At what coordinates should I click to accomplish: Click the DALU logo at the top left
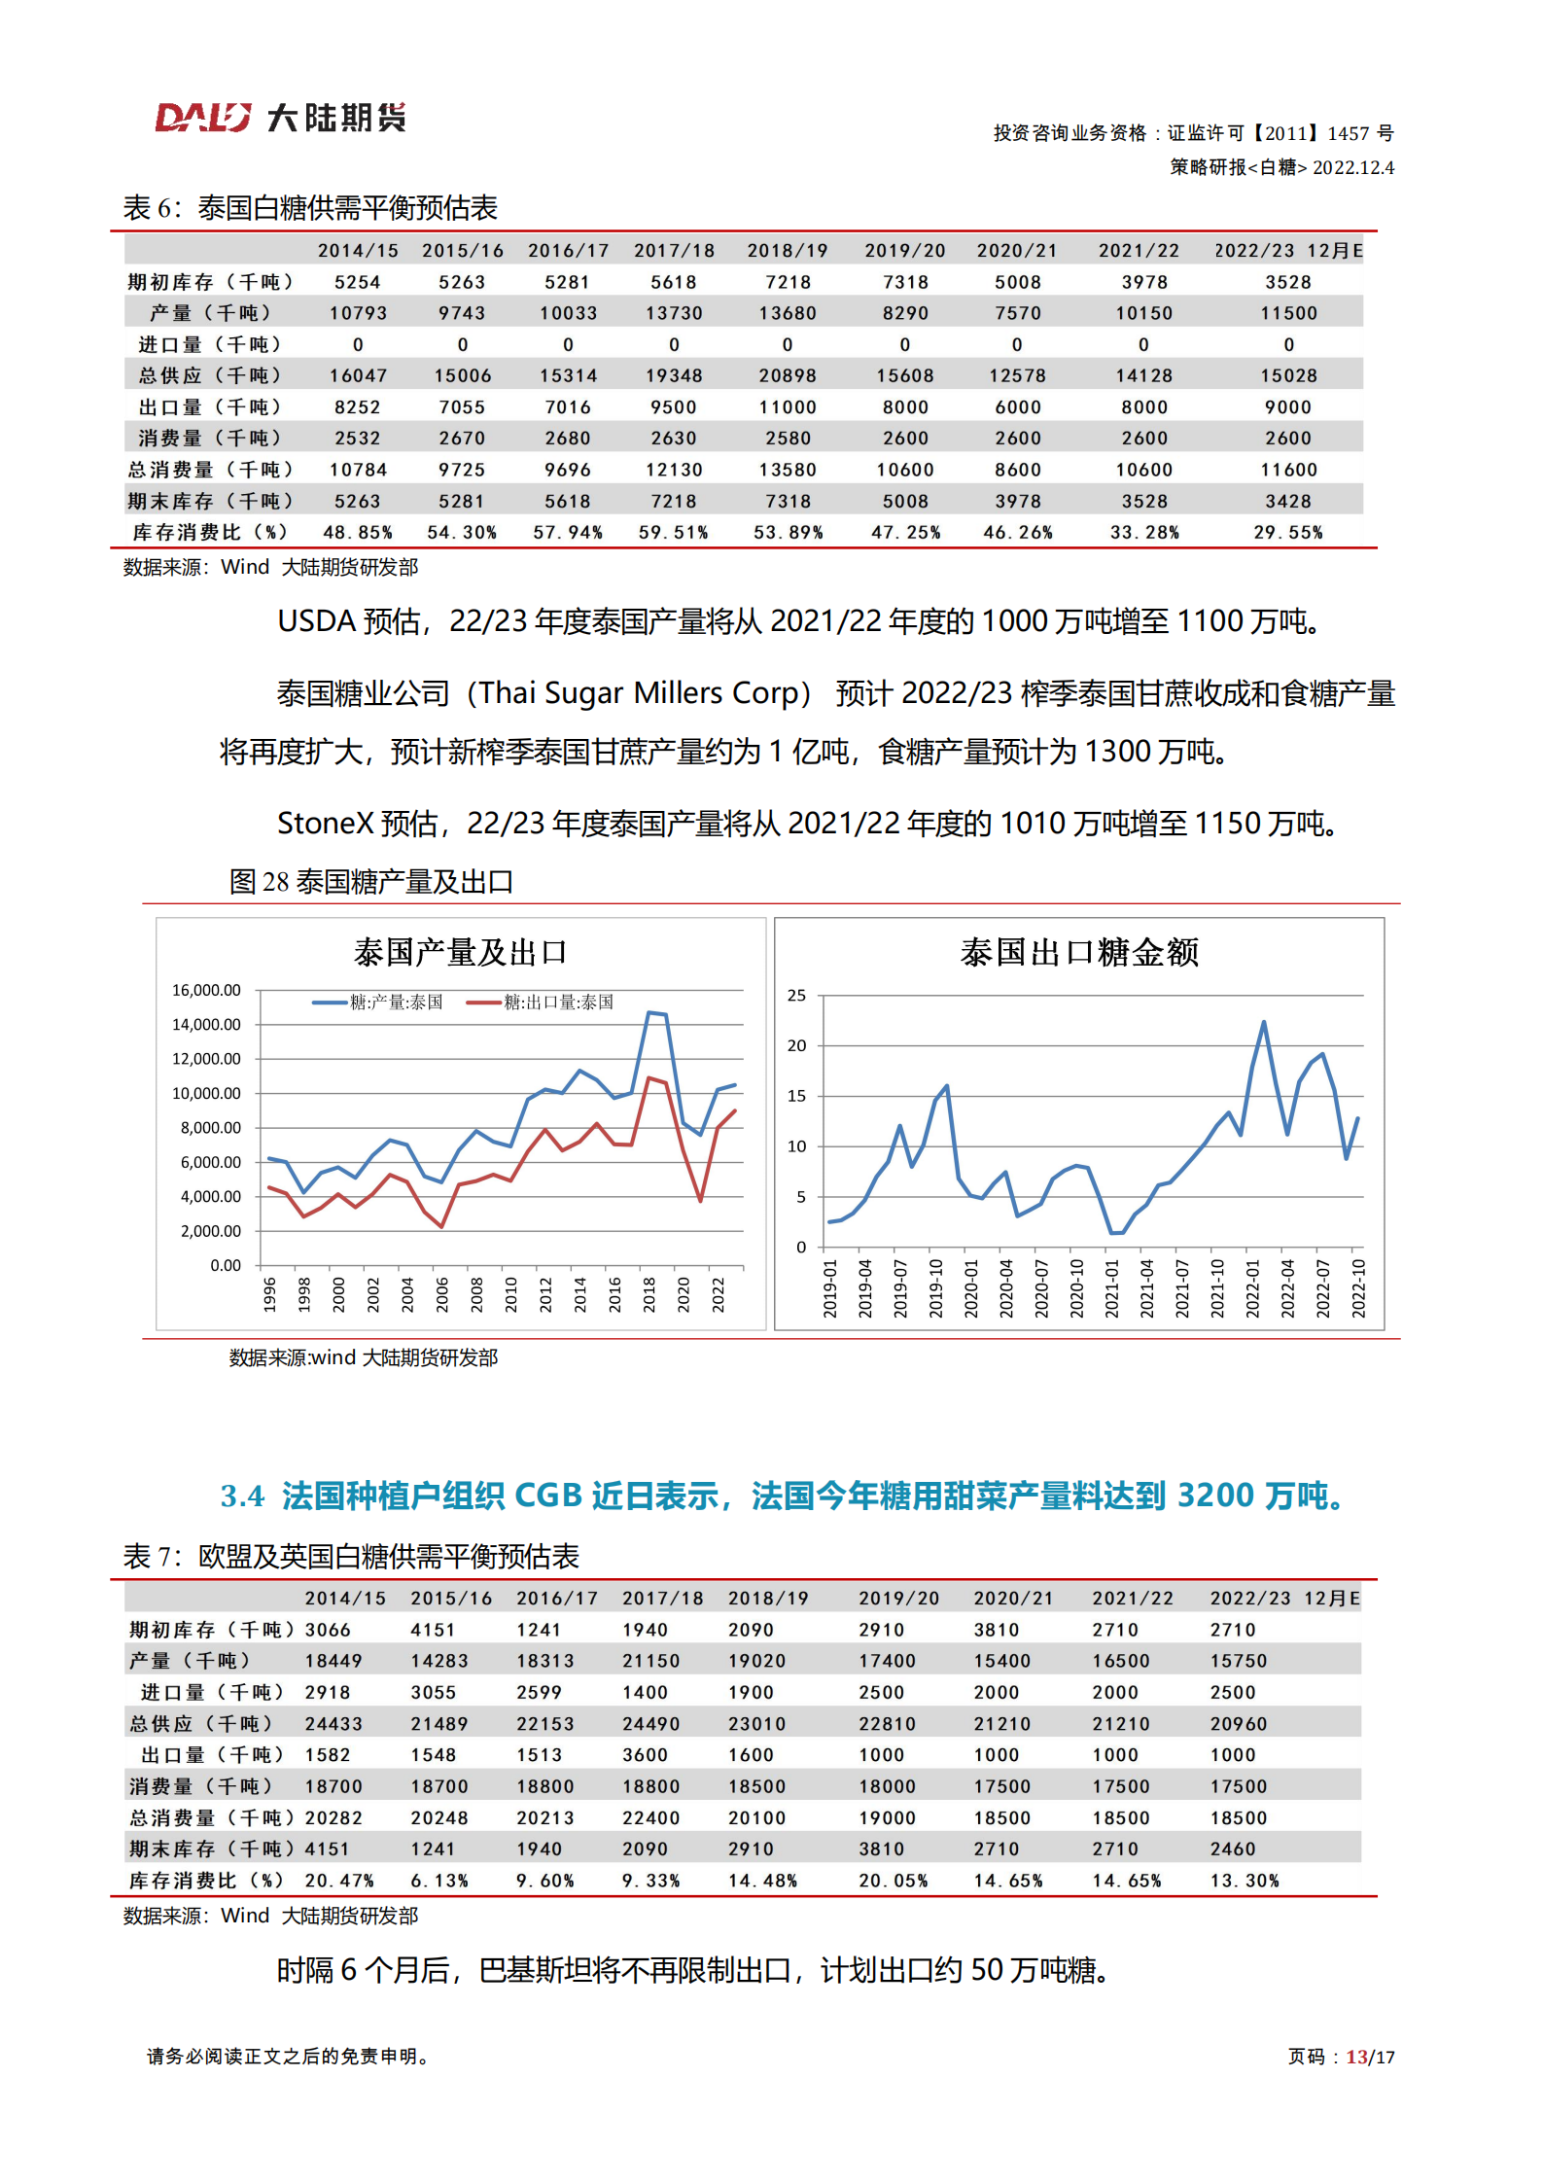pos(203,118)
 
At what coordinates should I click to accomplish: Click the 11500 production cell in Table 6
pos(1288,313)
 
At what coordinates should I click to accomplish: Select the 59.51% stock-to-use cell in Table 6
pos(673,533)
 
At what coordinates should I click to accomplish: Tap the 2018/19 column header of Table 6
pos(788,251)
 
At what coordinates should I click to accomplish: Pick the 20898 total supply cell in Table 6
pos(788,375)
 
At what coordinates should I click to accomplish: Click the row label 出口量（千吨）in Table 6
pos(209,407)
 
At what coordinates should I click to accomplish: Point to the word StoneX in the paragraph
pos(325,824)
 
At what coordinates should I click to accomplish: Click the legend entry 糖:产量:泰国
pos(395,1003)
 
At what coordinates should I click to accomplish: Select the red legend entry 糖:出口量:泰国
pos(557,1003)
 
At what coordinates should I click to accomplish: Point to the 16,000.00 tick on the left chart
pos(206,990)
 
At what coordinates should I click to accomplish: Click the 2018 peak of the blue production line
pos(649,1013)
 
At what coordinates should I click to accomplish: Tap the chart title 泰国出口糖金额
pos(1079,952)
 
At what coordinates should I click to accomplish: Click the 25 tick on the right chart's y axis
pos(796,996)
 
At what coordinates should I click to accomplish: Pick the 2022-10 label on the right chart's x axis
pos(1358,1288)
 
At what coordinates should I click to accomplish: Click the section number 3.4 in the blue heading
pos(242,1496)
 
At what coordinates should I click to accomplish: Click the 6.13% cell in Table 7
pos(438,1881)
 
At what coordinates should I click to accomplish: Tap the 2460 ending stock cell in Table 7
pos(1232,1849)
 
